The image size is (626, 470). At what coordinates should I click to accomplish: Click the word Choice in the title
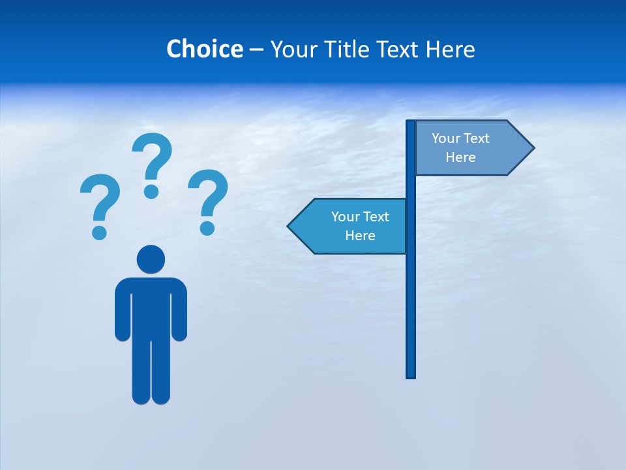(204, 49)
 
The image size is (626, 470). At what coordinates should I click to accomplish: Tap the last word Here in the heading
(451, 49)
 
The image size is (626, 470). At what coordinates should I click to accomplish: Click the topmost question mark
(152, 163)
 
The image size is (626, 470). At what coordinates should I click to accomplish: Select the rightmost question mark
(208, 200)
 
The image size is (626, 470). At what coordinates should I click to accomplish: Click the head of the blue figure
(151, 259)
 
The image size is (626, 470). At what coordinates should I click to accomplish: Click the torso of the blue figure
(151, 307)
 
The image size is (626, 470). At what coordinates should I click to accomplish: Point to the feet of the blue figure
(151, 395)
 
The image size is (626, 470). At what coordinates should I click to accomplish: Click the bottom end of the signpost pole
(411, 375)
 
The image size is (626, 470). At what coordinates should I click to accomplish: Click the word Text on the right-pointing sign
(477, 138)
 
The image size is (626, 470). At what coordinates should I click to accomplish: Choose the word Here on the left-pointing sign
(360, 236)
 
